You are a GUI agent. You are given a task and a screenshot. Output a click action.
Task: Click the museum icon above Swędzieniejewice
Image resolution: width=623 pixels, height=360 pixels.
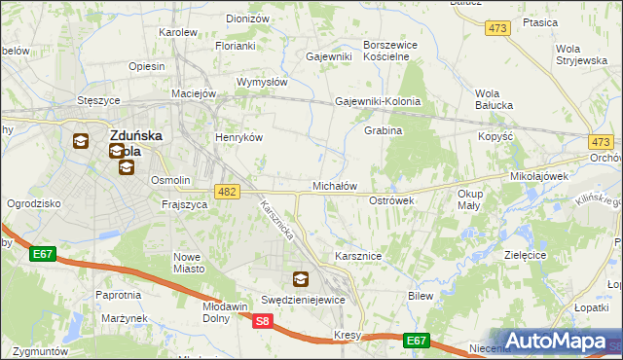click(x=301, y=280)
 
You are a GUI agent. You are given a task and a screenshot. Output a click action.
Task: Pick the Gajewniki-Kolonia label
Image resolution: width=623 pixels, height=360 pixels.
click(x=378, y=101)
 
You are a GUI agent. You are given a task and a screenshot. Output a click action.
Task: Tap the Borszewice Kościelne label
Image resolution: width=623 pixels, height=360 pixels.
click(x=389, y=51)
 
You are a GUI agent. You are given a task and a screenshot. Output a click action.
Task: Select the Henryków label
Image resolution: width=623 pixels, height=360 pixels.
click(x=239, y=137)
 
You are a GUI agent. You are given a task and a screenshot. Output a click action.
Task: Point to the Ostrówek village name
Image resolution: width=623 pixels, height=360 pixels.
click(x=392, y=199)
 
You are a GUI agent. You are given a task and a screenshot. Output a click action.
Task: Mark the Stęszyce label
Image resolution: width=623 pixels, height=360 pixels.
click(x=98, y=100)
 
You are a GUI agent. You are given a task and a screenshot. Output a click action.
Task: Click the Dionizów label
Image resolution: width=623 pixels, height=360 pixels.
click(x=247, y=18)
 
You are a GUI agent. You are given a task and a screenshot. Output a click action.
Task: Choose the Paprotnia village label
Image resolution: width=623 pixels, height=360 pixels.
click(x=119, y=295)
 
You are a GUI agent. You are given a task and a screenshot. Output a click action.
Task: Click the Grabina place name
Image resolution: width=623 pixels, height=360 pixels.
click(x=383, y=130)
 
